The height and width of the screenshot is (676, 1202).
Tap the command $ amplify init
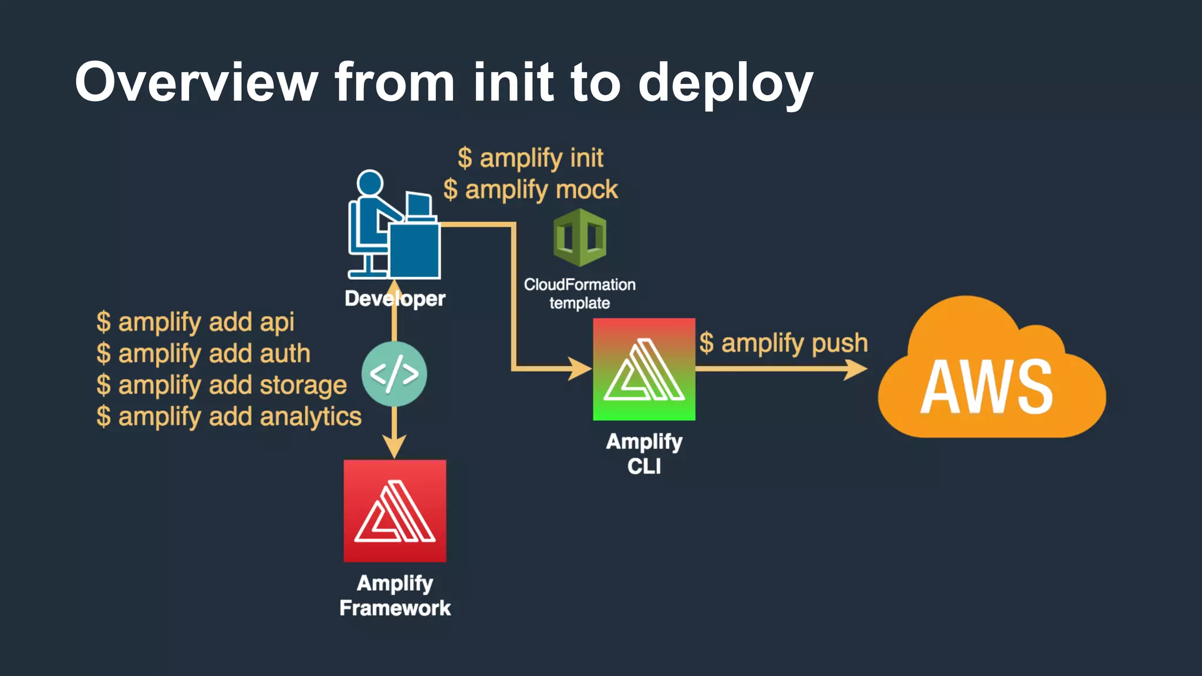click(531, 158)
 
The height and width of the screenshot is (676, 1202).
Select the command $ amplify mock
click(531, 190)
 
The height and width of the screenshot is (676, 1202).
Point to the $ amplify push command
click(784, 343)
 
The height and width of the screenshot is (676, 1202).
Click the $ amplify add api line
click(195, 322)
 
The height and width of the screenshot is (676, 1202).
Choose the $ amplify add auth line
click(203, 354)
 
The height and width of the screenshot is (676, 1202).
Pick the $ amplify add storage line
click(222, 386)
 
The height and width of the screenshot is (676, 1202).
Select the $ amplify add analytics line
click(229, 417)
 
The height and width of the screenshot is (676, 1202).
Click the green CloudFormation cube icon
click(580, 238)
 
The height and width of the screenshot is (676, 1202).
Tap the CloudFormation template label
click(580, 293)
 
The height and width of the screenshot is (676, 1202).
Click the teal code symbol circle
click(394, 374)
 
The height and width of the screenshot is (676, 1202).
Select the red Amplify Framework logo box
click(395, 511)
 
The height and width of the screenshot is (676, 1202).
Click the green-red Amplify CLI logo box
click(644, 370)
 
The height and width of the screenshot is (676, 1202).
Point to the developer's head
click(370, 183)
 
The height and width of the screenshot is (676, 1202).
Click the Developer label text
click(395, 299)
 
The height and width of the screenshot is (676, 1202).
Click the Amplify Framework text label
click(395, 596)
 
